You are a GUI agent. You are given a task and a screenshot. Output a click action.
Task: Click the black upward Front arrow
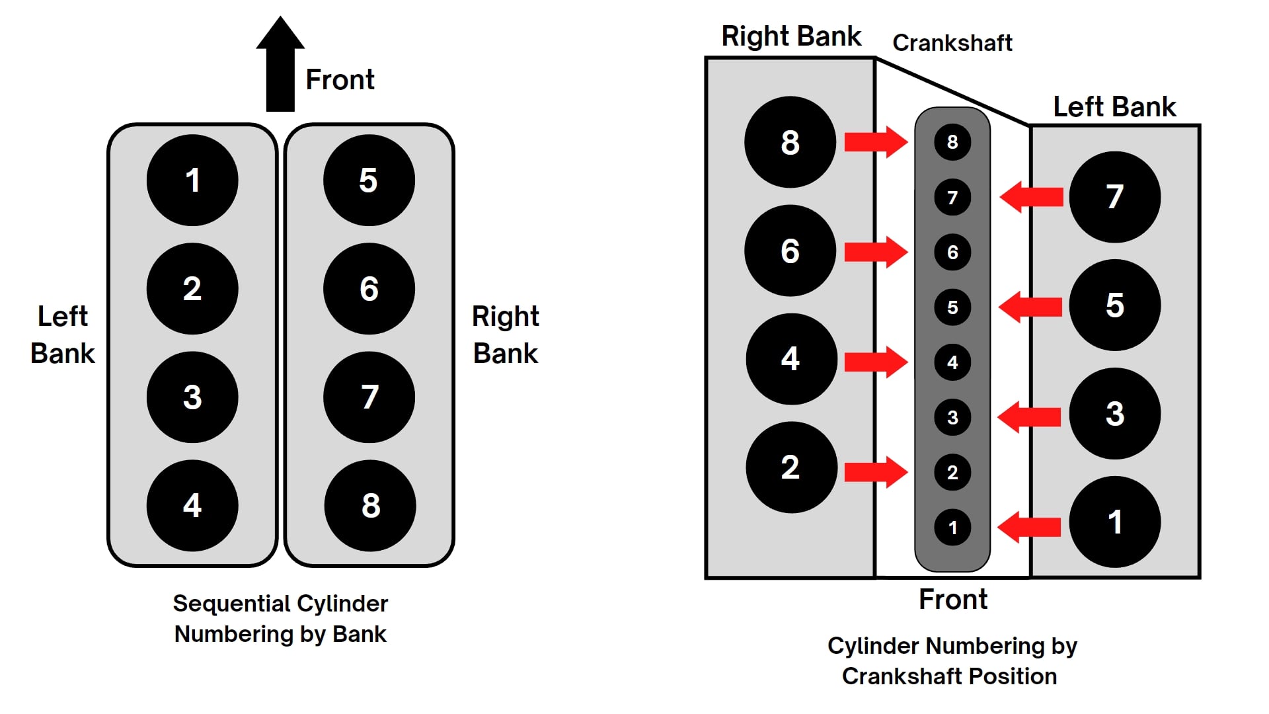pos(280,69)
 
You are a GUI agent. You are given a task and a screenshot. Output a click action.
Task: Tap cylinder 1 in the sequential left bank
pos(192,180)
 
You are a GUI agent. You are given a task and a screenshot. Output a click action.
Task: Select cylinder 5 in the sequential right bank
pos(369,180)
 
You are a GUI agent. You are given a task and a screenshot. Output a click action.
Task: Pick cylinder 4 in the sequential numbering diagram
pos(192,506)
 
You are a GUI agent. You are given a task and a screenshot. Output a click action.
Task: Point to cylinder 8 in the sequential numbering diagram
pos(370,506)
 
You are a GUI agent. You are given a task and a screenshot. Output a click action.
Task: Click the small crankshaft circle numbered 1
pos(952,528)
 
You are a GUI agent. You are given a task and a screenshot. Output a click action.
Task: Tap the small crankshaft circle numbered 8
pos(952,141)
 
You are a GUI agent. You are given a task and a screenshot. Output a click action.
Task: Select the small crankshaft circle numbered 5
pos(952,307)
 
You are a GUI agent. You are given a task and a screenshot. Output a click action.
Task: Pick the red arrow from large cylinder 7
pos(1031,197)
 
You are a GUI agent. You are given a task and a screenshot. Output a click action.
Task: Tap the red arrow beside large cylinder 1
pos(1029,527)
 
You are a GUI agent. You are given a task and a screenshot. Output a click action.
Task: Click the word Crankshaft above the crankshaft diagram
pos(952,43)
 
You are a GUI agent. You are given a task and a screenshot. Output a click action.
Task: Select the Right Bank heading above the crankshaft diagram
pos(791,36)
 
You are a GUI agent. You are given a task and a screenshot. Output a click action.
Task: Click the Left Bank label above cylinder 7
pos(1114,107)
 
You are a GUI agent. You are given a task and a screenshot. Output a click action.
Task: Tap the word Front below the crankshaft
pos(952,600)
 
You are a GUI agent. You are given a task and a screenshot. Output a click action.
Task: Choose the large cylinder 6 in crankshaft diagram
pos(790,251)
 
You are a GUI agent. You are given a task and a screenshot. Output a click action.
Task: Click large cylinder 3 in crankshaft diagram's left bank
pos(1114,414)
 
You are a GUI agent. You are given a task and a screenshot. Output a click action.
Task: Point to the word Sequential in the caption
pos(229,604)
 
